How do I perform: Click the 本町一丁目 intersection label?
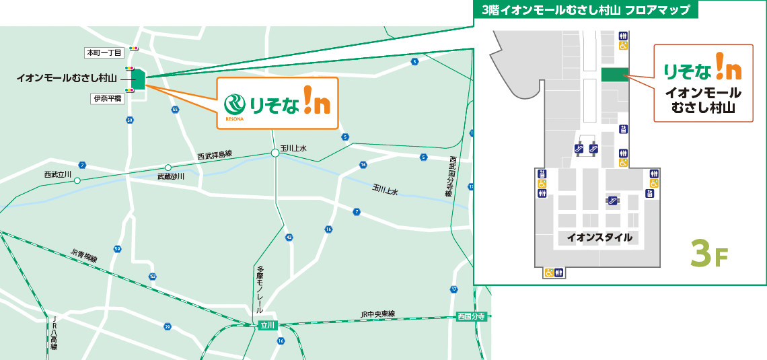coord(103,52)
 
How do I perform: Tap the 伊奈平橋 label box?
coord(107,98)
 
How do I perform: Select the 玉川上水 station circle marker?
coord(275,153)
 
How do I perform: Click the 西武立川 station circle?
coord(77,180)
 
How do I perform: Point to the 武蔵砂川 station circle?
coord(168,168)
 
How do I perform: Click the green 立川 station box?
coord(268,325)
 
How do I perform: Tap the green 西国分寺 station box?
coord(471,316)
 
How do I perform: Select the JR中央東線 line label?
coord(377,314)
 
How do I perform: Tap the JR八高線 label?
coord(53,334)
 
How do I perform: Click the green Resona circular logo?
coord(235,104)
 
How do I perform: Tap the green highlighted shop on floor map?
coord(614,73)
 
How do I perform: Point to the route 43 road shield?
coord(289,238)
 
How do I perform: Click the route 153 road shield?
coord(153,277)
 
